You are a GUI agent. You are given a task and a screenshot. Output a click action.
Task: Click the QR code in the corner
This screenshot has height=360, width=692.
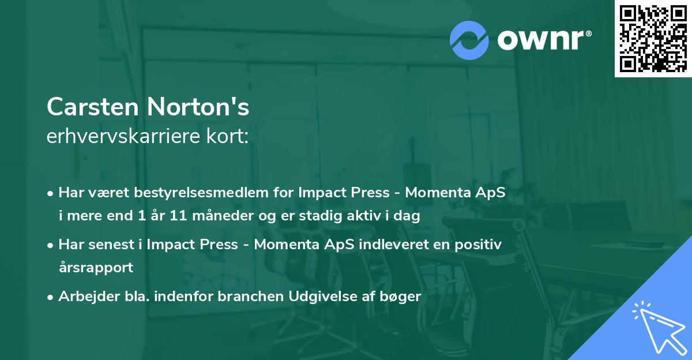[653, 38]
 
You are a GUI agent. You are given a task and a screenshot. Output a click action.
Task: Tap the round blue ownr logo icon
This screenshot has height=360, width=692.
[469, 40]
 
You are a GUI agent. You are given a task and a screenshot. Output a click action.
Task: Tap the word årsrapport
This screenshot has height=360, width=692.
[96, 268]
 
